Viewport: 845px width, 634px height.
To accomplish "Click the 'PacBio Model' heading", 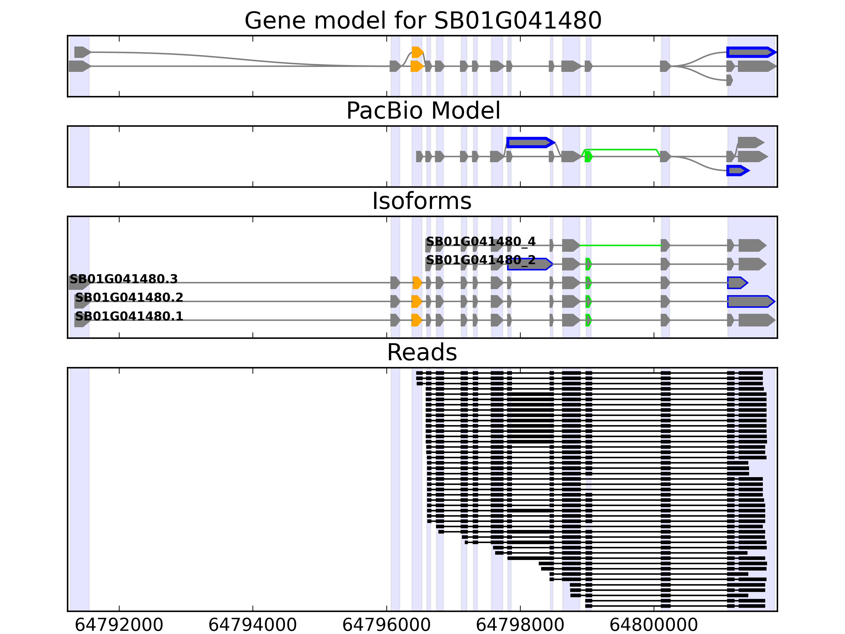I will coord(423,111).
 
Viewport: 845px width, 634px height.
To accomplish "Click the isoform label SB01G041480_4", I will coord(481,241).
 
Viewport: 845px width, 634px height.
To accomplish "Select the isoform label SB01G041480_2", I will coord(481,260).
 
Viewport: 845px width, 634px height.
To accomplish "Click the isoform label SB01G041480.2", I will coord(129,298).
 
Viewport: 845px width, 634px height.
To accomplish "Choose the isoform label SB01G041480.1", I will coord(129,316).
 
